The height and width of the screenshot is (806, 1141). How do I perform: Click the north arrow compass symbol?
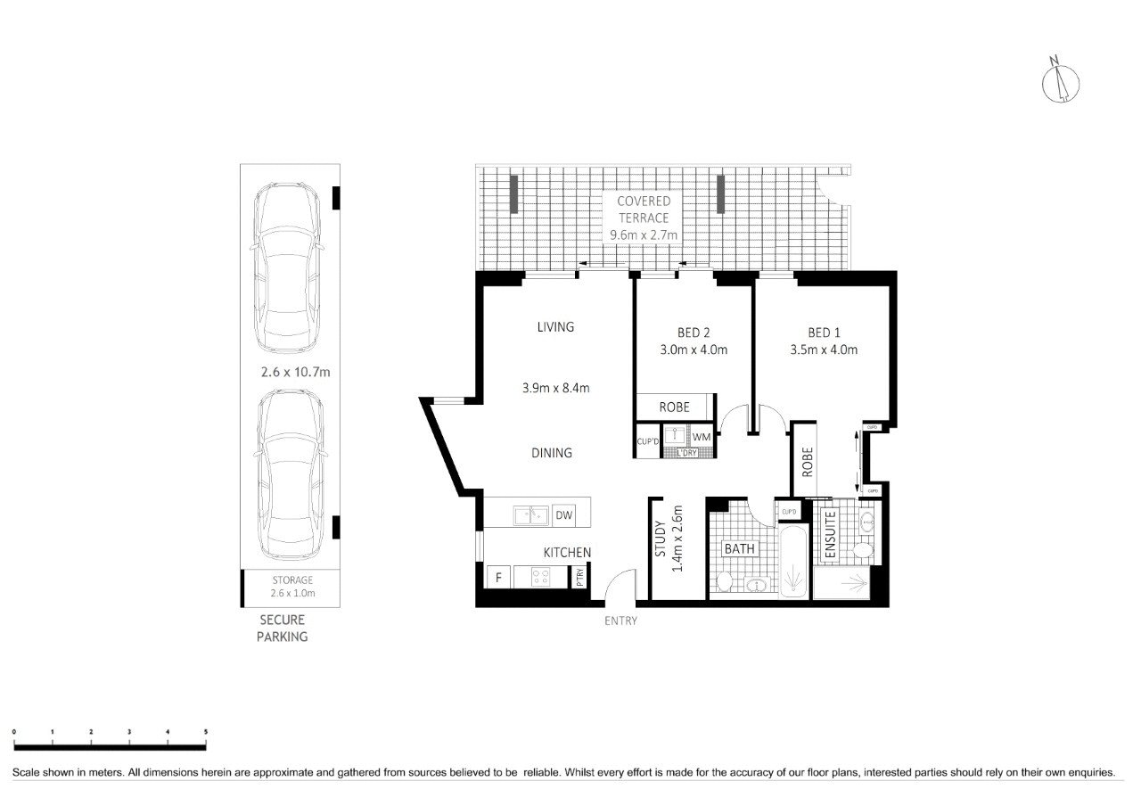[1061, 79]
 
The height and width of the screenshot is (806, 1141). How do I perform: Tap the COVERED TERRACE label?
[644, 209]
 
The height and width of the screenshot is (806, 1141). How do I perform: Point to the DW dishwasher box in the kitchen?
[563, 515]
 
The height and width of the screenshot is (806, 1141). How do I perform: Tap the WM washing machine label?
[702, 437]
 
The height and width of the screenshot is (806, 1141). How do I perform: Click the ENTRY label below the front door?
[620, 621]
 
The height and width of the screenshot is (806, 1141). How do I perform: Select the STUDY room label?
[661, 539]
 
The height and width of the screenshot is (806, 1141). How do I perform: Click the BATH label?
[739, 549]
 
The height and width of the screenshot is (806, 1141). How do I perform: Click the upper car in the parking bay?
[286, 267]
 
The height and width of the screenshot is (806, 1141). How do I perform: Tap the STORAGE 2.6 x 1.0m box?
[292, 586]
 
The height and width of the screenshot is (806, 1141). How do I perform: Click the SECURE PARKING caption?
[283, 628]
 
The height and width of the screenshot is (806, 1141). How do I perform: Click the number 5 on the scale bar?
[206, 731]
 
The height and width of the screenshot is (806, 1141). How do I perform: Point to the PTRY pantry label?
[579, 577]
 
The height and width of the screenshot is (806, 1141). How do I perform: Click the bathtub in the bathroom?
[792, 563]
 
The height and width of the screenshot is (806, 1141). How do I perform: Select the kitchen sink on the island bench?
[530, 515]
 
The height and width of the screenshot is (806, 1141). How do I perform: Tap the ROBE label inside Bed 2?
[674, 407]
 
